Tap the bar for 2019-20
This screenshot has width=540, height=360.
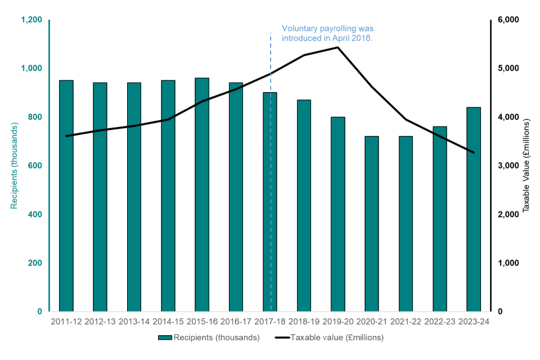coord(337,214)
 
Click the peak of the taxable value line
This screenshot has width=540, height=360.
coord(337,47)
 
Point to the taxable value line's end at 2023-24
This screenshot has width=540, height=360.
coord(474,152)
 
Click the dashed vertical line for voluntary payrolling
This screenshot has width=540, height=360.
coord(271,169)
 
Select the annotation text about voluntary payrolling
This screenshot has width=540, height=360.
coord(327,33)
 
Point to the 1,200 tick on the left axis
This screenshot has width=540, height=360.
coord(31,20)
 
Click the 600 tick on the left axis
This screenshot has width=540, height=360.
coord(35,166)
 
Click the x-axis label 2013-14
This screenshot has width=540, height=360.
coord(134,322)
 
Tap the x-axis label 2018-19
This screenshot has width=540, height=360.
coord(304,322)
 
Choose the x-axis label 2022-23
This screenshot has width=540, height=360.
coord(439,322)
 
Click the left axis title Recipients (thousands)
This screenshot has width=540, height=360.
coord(14,166)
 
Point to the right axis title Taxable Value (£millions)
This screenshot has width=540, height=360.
coord(526,166)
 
